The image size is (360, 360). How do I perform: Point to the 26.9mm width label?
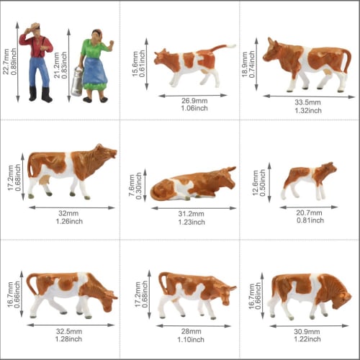[189, 101]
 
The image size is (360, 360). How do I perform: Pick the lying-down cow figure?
[193, 185]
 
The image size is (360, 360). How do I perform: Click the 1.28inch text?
[71, 339]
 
